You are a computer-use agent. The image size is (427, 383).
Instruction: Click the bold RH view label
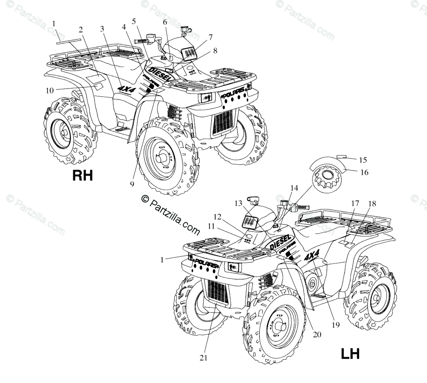tap(82, 175)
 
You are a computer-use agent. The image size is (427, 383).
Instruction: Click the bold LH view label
tap(350, 353)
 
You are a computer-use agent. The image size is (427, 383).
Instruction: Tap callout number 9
tap(132, 183)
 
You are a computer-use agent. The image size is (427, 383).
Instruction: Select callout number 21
tap(203, 358)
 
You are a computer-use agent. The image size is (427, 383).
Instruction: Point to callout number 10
tap(50, 90)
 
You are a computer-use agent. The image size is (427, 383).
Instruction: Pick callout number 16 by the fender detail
tap(364, 172)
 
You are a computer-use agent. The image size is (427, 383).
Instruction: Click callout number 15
tap(363, 160)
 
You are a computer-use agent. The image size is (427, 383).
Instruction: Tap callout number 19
tap(336, 325)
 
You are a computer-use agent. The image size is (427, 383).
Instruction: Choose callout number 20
tap(317, 335)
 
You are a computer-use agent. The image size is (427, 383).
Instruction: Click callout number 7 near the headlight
tap(211, 37)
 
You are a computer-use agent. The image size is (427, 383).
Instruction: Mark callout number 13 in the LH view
tap(239, 203)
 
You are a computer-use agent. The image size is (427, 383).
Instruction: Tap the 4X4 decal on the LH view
tap(312, 257)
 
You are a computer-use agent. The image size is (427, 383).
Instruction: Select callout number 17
tap(355, 204)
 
